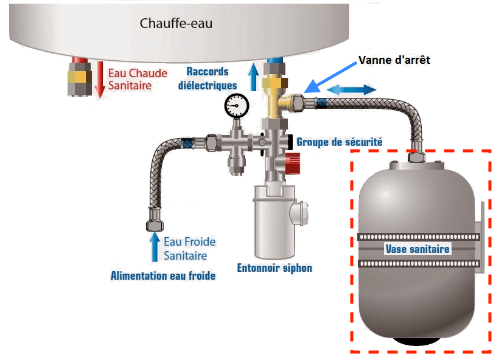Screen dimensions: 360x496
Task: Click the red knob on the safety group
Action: point(292,161)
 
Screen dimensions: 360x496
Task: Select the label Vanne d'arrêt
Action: point(394,60)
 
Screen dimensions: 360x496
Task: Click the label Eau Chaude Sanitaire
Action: point(129,80)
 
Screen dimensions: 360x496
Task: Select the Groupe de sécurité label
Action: point(339,142)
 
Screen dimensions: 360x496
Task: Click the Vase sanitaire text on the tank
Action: point(417,249)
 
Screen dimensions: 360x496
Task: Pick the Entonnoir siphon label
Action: point(275,268)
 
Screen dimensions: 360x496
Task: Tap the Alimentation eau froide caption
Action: point(163,276)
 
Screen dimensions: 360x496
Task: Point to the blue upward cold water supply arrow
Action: point(155,246)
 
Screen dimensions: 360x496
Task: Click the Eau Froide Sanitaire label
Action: point(189,248)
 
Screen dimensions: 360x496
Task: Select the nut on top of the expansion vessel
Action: point(417,157)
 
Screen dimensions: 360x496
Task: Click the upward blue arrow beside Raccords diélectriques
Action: point(254,78)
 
